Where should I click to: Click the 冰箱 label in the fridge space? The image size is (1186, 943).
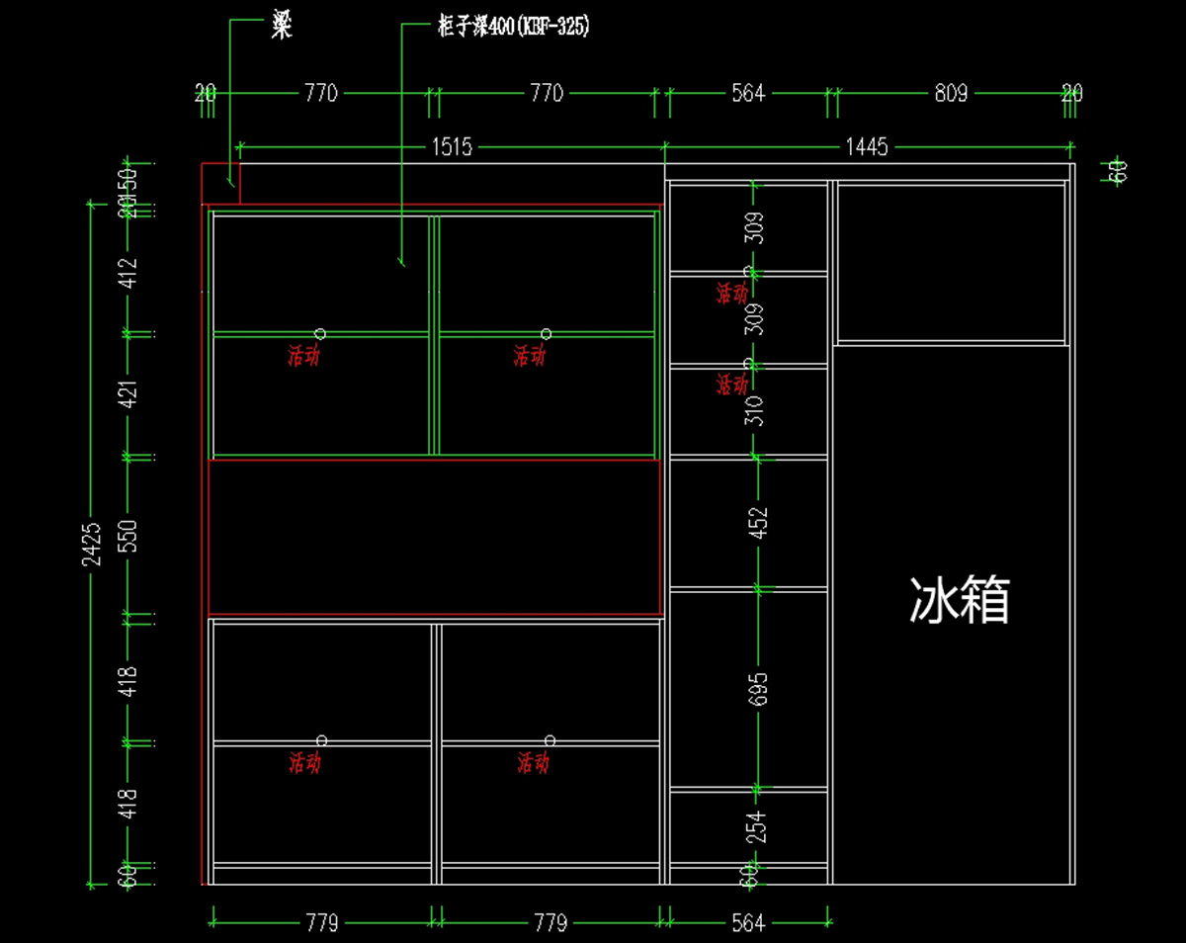pos(959,600)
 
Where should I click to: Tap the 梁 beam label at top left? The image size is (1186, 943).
pos(282,28)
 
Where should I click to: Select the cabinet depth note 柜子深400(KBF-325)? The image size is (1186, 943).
pos(513,28)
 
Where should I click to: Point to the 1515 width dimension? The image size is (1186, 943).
pos(451,147)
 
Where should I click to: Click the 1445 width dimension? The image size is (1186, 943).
pos(867,147)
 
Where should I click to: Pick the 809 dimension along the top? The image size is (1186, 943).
pos(952,94)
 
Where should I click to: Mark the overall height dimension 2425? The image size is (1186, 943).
pos(92,545)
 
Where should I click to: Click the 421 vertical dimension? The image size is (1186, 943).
pos(129,393)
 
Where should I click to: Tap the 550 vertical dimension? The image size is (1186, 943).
pos(129,535)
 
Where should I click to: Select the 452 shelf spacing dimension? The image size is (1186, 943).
pos(759,524)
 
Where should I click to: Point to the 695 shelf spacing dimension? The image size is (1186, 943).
pos(759,689)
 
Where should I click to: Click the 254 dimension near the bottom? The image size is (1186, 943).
pos(757,827)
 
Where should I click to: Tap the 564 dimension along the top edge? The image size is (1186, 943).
pos(748,94)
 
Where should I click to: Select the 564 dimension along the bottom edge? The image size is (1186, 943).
pos(748,923)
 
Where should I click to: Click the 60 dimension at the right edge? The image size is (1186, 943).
pos(1119,171)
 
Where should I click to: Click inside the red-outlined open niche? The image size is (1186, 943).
pos(435,537)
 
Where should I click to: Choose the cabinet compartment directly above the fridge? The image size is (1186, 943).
pos(952,262)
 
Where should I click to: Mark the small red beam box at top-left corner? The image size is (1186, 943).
pos(220,184)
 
